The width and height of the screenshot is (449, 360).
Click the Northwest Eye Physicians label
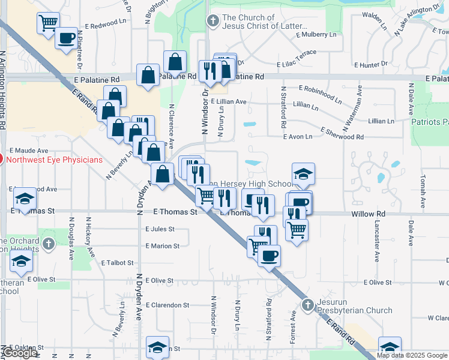54,160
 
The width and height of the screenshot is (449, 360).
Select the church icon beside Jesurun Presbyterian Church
308,305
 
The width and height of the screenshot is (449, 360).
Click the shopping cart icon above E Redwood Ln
48,23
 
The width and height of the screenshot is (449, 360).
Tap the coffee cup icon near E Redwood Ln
66,38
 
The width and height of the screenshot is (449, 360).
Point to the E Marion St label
162,246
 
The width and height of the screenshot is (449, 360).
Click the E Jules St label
160,229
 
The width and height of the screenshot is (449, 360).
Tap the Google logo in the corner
20,353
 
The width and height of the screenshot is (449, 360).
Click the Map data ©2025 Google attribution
412,355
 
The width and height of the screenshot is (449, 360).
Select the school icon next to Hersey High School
303,174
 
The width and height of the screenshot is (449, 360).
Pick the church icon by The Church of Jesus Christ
212,22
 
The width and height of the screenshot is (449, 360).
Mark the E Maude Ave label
28,150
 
